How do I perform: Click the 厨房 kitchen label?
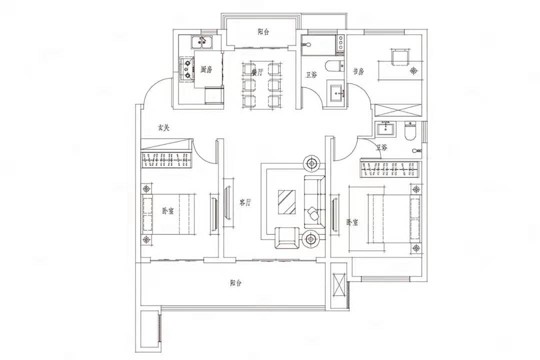[x=206, y=69]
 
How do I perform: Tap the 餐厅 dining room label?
[x=257, y=72]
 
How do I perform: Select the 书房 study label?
[x=358, y=71]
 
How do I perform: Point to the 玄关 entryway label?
[x=164, y=128]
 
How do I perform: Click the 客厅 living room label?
[x=245, y=202]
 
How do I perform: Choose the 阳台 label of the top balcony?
[x=263, y=32]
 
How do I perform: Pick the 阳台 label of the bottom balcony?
[x=236, y=283]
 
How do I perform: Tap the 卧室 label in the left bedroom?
[x=167, y=211]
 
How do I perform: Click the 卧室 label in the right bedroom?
[x=352, y=222]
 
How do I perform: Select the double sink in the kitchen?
[x=202, y=42]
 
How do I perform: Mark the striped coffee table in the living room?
[x=286, y=202]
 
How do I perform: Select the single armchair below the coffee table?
[x=287, y=238]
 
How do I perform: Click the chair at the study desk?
[x=399, y=57]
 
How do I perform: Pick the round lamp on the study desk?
[x=413, y=70]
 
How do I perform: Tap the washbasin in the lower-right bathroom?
[x=385, y=129]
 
